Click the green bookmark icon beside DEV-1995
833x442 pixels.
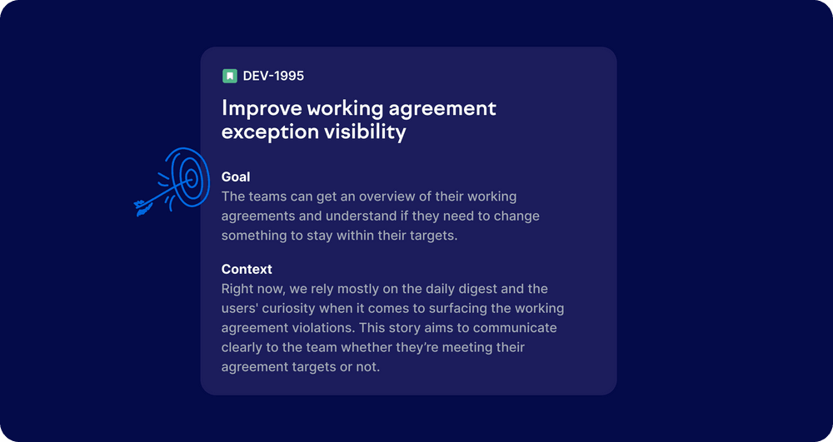point(230,76)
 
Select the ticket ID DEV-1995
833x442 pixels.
point(273,76)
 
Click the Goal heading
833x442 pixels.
point(236,176)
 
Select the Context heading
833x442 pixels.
point(247,269)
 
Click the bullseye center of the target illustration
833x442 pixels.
point(191,177)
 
